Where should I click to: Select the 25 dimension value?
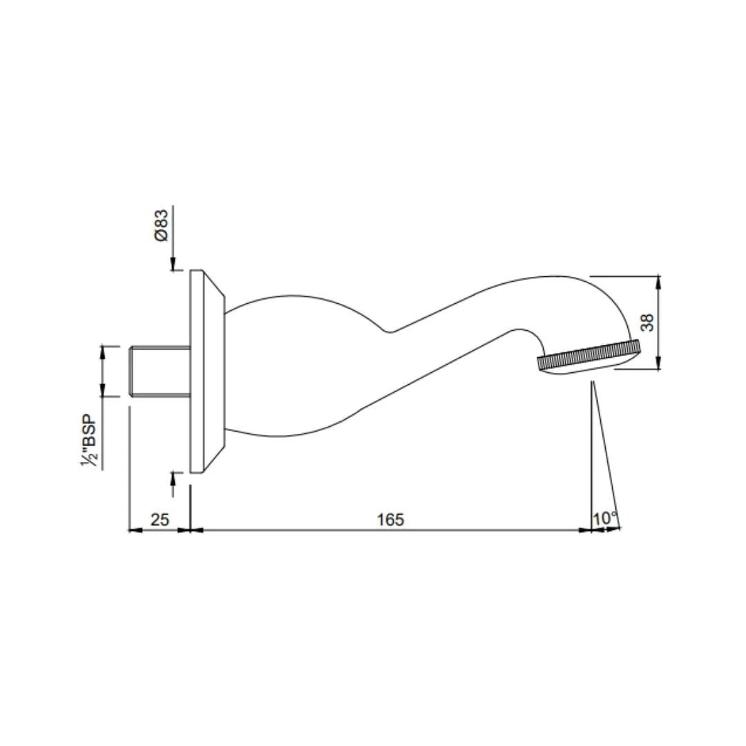coord(160,519)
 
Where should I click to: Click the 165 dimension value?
coord(390,519)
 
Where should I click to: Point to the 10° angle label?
coord(604,518)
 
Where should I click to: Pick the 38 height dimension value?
coord(647,322)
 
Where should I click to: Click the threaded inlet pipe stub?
coord(160,371)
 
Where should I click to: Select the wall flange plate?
coord(196,371)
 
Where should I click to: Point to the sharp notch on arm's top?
coord(389,332)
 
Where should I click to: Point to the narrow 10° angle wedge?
coord(598,470)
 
